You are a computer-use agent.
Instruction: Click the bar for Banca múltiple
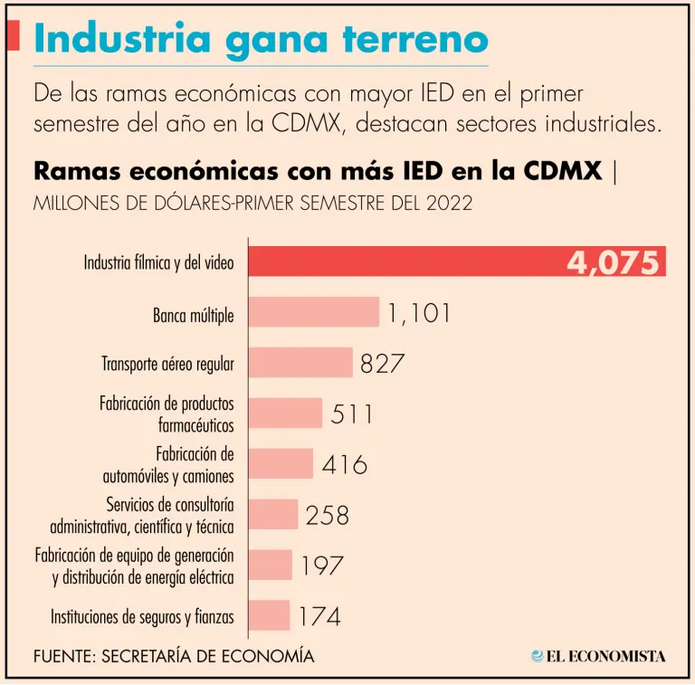tap(313, 312)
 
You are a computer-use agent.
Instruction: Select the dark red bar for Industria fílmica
tap(407, 262)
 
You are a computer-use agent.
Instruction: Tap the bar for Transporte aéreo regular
tap(300, 363)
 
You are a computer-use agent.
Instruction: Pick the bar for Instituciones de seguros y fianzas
tap(269, 615)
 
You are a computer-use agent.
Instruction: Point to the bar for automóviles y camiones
tap(281, 464)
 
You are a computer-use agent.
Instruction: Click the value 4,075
tap(613, 262)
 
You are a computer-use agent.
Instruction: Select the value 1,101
tap(419, 313)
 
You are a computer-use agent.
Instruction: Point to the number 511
tap(351, 414)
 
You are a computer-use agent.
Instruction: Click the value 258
tap(327, 515)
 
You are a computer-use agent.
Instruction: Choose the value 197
tap(322, 566)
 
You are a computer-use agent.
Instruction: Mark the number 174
tap(319, 617)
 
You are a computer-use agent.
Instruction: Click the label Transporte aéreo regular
tap(167, 365)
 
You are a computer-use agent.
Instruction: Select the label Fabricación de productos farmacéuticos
tap(167, 414)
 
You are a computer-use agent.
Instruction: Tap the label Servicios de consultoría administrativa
tap(142, 515)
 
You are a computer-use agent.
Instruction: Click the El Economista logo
tap(598, 656)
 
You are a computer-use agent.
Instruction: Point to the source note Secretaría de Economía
tap(174, 656)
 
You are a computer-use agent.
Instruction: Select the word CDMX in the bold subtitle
tap(562, 170)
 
